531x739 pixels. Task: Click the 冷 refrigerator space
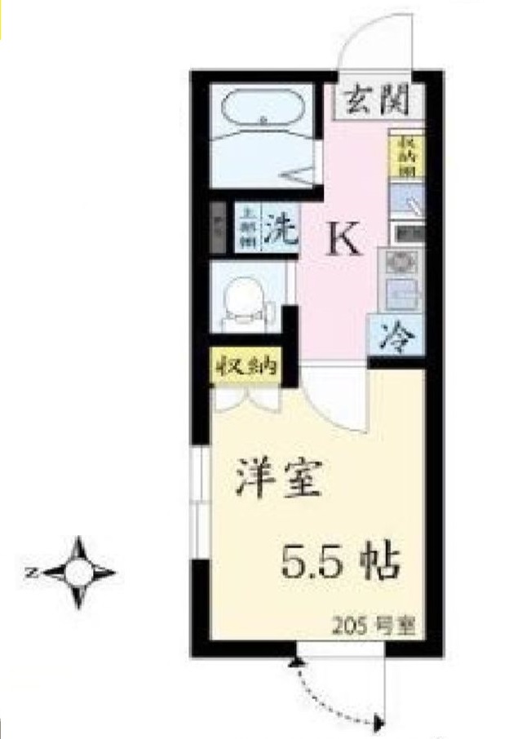pyautogui.click(x=397, y=334)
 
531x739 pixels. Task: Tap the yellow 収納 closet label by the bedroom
pyautogui.click(x=246, y=367)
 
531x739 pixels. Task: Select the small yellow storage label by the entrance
pyautogui.click(x=405, y=155)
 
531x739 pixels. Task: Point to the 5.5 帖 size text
pyautogui.click(x=340, y=561)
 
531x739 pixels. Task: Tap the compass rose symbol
pyautogui.click(x=79, y=572)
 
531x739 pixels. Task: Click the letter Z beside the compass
pyautogui.click(x=30, y=573)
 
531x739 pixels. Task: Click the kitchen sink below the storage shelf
pyautogui.click(x=405, y=199)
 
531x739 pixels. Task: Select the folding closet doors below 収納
pyautogui.click(x=246, y=400)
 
